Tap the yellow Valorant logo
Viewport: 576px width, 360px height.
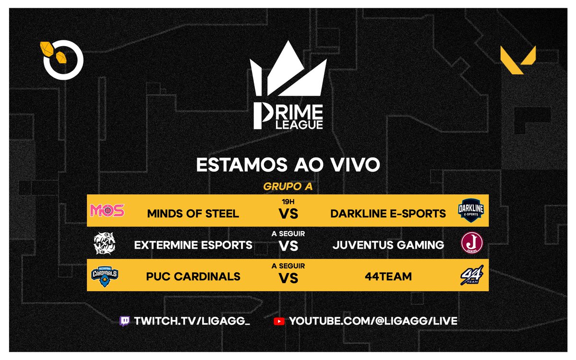(518, 60)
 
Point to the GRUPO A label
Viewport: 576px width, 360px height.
(288, 187)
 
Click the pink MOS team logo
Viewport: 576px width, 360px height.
(107, 210)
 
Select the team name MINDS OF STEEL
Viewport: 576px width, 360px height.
(193, 214)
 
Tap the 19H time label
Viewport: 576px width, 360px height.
(288, 202)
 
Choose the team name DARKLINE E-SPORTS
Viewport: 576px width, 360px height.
(388, 214)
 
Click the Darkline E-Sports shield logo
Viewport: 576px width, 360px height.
(471, 210)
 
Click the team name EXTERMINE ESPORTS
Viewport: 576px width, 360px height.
(193, 245)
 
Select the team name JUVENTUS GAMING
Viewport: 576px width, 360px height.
(388, 245)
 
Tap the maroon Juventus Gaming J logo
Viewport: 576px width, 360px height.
(471, 244)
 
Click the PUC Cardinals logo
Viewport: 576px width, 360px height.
(105, 276)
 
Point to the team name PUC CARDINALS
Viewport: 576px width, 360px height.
(193, 277)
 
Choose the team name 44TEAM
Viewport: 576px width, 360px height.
(388, 277)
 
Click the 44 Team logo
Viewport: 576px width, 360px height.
(471, 276)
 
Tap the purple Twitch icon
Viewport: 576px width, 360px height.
(124, 321)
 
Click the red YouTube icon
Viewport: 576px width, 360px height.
(279, 321)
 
